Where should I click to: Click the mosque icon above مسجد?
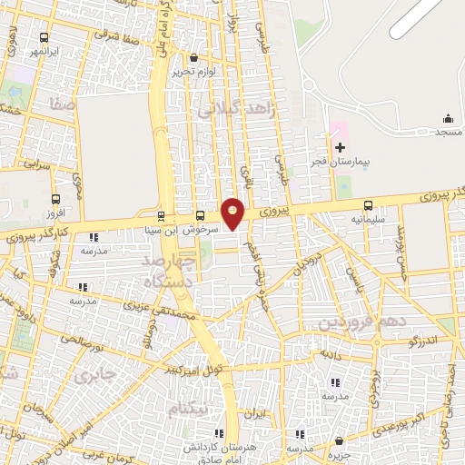(x=447, y=119)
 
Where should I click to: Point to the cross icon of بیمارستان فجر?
(x=340, y=147)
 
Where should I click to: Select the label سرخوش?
(x=199, y=230)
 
